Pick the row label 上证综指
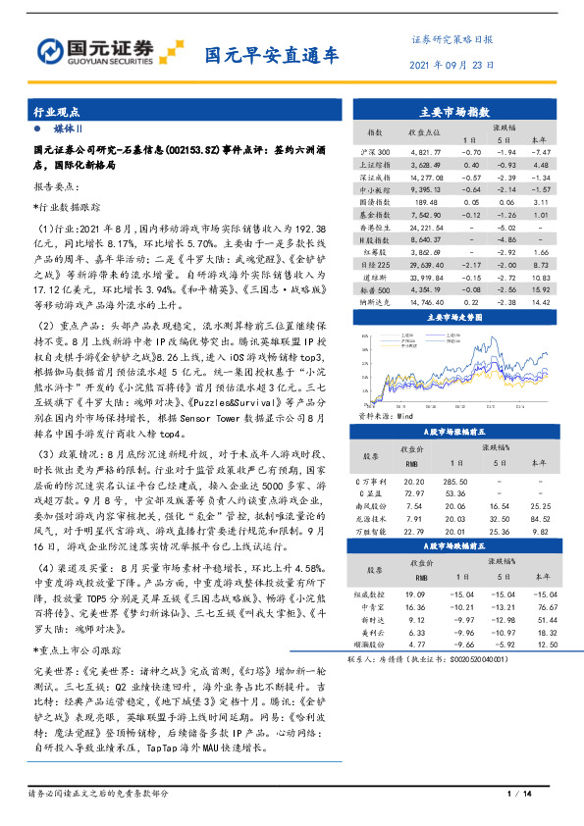[x=377, y=165]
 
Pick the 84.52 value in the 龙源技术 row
[x=540, y=519]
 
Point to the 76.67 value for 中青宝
[x=540, y=607]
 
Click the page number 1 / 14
[x=518, y=794]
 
